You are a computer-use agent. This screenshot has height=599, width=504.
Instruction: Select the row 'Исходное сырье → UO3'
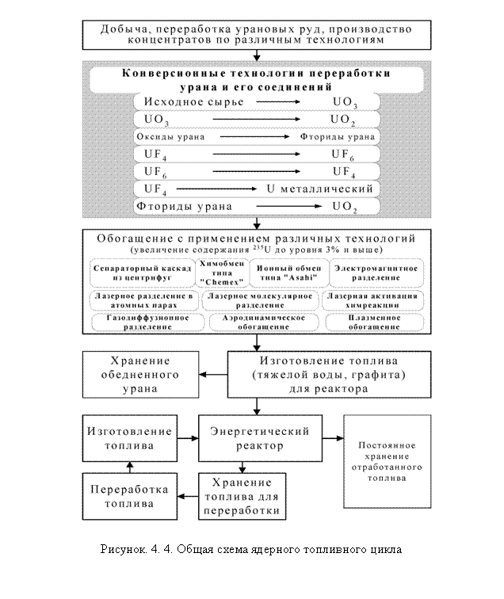pyautogui.click(x=256, y=103)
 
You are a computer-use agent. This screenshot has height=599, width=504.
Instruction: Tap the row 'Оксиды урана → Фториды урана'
pyautogui.click(x=256, y=137)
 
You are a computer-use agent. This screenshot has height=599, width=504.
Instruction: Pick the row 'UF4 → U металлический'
pyautogui.click(x=256, y=189)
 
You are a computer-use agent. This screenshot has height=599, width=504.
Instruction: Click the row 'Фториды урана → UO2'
pyautogui.click(x=256, y=207)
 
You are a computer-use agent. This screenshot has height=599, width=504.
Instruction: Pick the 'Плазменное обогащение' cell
pyautogui.click(x=374, y=323)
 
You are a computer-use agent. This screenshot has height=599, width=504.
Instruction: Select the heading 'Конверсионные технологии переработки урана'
pyautogui.click(x=256, y=79)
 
